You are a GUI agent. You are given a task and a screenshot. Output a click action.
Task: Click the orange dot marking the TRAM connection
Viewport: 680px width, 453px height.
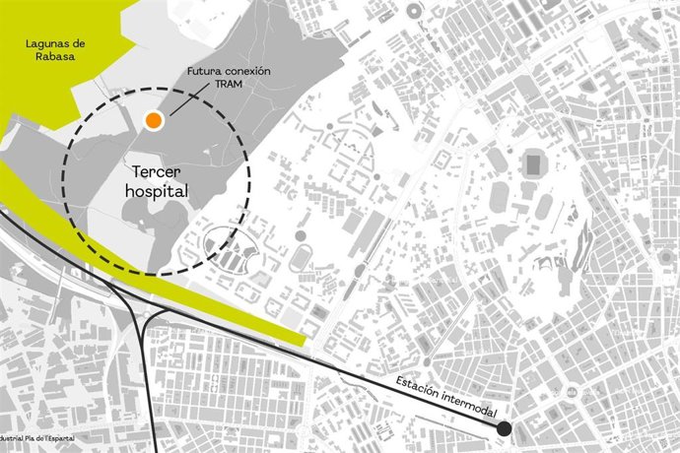(153, 120)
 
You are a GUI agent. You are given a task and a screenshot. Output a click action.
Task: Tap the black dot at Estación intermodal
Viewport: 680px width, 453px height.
(504, 428)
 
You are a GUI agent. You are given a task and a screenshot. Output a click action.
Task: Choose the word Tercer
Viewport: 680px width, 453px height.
(156, 171)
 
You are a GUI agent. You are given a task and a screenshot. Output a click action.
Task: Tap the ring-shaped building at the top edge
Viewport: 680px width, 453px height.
(414, 11)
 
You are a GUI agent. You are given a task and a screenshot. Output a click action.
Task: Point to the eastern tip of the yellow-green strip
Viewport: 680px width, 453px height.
(306, 340)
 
